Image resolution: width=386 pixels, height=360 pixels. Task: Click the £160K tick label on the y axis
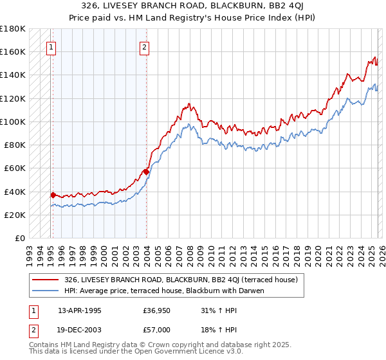click(13, 51)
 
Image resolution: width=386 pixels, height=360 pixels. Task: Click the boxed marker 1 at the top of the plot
click(51, 47)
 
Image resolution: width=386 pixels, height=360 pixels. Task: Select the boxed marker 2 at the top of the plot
click(145, 47)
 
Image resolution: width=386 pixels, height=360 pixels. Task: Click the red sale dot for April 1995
click(53, 194)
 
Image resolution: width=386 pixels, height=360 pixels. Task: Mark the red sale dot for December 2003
click(146, 172)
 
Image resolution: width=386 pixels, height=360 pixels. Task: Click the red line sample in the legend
click(46, 280)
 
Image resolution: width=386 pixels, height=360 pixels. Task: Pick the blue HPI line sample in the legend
click(46, 291)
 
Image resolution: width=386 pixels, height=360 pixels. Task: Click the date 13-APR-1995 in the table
click(80, 310)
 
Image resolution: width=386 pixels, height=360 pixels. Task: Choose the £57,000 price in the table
click(157, 329)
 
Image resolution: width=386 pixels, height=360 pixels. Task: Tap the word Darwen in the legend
click(252, 291)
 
